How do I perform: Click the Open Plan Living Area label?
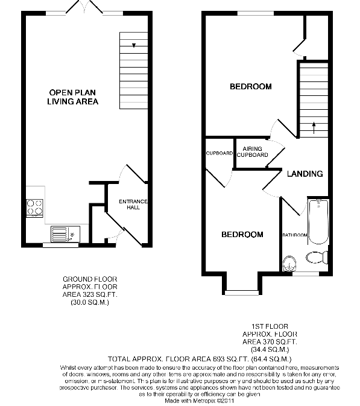click(74, 97)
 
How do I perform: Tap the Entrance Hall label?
click(133, 205)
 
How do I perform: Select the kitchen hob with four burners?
click(35, 207)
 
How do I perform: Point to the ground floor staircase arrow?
click(133, 45)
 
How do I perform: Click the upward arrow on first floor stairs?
click(314, 125)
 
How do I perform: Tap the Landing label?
click(305, 174)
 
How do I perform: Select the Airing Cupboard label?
click(252, 151)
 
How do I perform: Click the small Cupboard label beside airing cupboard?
click(219, 153)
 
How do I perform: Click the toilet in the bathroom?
click(315, 258)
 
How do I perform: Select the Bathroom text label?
click(295, 235)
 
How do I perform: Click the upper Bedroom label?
click(250, 87)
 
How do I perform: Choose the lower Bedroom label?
click(242, 234)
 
